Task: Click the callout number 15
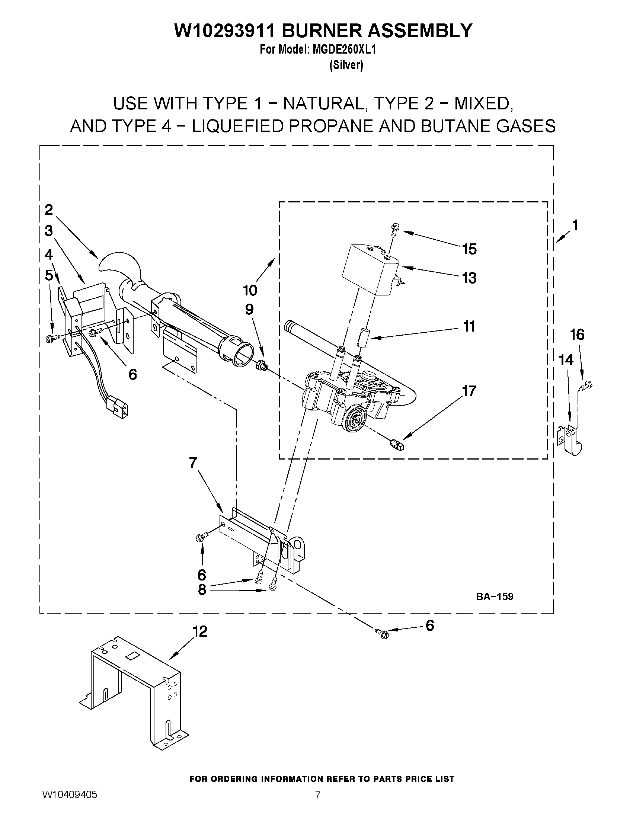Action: point(469,249)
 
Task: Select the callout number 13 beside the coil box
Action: point(469,278)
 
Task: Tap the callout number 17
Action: point(469,391)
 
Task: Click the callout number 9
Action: point(249,309)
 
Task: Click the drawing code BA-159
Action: point(494,596)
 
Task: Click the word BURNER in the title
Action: point(324,31)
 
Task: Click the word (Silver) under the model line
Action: point(346,65)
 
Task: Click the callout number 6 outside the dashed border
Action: point(430,625)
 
